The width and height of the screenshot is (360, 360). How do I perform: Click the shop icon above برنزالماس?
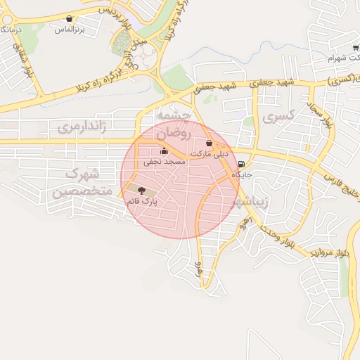tap(69, 19)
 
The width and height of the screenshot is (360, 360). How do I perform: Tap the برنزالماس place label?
tap(70, 30)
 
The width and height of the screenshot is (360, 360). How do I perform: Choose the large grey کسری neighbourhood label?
tap(276, 118)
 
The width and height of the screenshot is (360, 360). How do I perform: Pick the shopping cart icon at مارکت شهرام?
tap(356, 46)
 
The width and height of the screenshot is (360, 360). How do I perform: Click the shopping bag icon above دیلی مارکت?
tap(209, 143)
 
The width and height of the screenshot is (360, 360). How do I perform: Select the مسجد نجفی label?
tap(165, 161)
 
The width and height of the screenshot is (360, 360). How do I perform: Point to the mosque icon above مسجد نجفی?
tap(165, 150)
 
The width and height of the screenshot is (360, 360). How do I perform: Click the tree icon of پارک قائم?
tap(142, 190)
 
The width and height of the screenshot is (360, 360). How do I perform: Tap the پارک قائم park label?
tap(141, 201)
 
